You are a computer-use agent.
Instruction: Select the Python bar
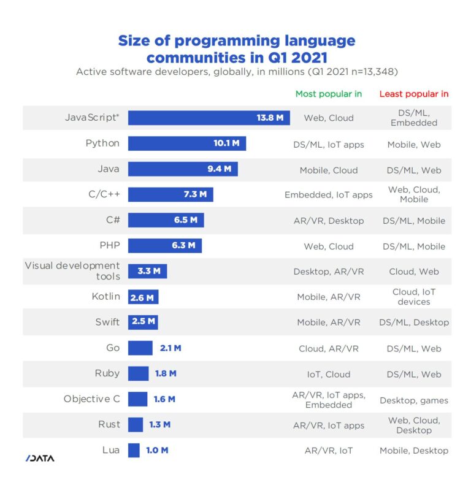186,144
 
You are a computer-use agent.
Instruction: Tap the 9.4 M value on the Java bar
219,169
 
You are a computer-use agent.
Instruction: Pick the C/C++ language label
104,194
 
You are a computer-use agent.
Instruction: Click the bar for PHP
164,246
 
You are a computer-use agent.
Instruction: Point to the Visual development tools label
72,271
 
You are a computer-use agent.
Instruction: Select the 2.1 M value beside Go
170,348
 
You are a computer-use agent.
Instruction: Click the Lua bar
134,450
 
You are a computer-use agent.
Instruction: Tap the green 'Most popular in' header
329,94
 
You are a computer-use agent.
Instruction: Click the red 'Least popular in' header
414,94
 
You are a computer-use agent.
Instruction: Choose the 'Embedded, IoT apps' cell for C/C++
329,195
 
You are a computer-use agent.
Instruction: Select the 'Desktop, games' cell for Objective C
414,400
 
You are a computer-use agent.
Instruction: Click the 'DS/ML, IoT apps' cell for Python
329,145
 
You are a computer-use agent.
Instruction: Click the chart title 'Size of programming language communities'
236,49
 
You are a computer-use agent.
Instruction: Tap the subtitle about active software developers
236,72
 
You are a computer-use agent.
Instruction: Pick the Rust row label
109,424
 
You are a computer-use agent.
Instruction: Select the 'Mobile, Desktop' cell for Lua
414,451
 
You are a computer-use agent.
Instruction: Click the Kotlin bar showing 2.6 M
144,297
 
